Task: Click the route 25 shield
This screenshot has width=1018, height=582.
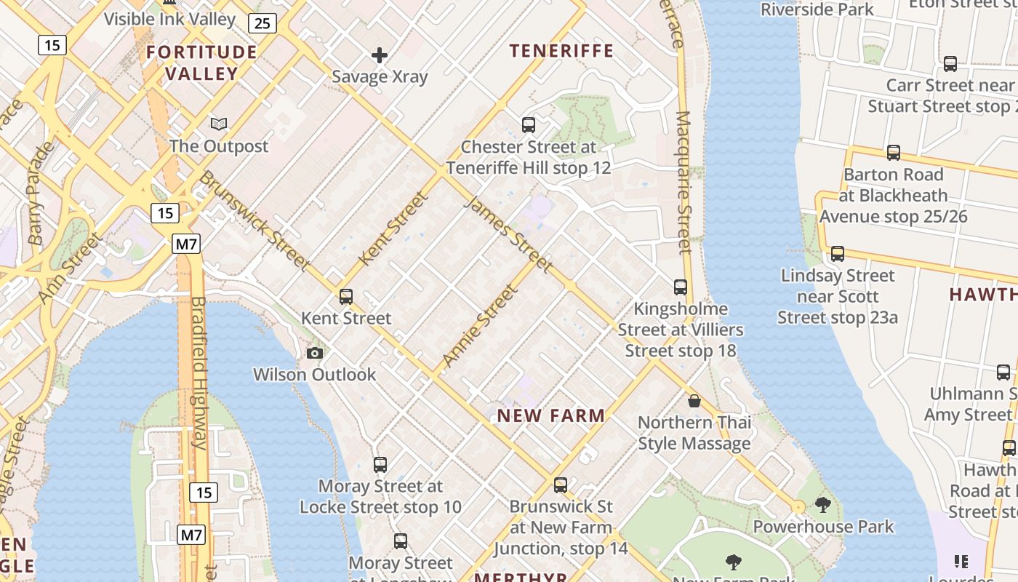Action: point(262,23)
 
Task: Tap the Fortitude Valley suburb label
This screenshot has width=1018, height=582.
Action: point(201,63)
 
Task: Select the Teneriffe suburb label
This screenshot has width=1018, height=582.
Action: point(561,51)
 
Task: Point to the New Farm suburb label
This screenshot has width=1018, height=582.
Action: point(551,416)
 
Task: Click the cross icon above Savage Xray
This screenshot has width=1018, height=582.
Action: point(379,55)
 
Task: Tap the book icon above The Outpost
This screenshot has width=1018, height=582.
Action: point(219,124)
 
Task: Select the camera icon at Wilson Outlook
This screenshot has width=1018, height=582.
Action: point(315,354)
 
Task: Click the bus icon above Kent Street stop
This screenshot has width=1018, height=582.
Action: point(346,297)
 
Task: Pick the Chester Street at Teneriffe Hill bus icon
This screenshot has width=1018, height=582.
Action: point(529,125)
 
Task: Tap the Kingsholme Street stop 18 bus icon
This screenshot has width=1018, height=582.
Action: point(681,287)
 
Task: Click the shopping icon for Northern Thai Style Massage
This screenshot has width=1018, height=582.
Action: point(694,401)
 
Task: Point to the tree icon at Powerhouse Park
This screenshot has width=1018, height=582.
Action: point(823,504)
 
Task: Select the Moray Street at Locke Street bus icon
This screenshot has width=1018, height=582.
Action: point(380,465)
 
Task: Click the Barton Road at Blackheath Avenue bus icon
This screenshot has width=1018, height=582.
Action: point(894,153)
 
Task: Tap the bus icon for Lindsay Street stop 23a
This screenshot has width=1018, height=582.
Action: point(838,254)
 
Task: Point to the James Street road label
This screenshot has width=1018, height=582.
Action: point(508,234)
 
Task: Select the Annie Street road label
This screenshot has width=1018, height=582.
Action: point(481,325)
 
